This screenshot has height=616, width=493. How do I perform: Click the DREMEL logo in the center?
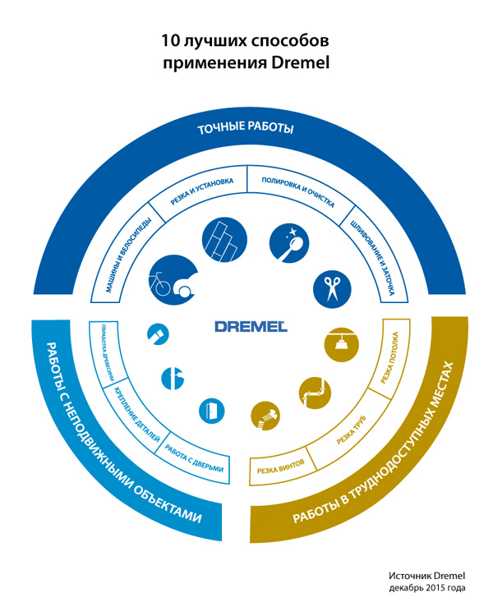pyautogui.click(x=251, y=325)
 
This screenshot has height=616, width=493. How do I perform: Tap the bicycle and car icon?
pyautogui.click(x=173, y=279)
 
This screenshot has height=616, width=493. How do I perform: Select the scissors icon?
pyautogui.click(x=333, y=288)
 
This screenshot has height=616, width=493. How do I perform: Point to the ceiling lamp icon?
pyautogui.click(x=338, y=344)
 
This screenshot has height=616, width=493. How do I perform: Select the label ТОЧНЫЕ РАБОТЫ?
pyautogui.click(x=246, y=130)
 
